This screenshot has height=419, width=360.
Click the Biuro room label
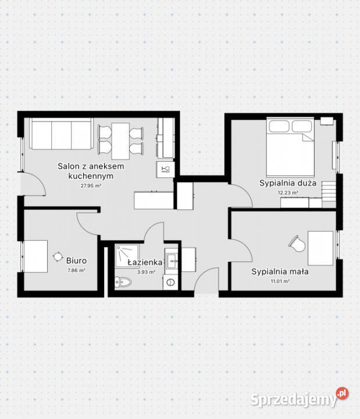(x=76, y=261)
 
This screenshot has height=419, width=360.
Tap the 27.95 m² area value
(x=91, y=186)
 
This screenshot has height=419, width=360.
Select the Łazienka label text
(x=145, y=262)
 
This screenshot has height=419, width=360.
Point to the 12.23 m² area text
(x=288, y=193)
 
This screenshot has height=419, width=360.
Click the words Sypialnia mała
(x=280, y=272)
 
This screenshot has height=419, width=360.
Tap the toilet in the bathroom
(x=123, y=282)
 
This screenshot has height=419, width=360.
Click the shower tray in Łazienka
(x=127, y=255)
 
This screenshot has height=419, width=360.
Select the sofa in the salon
(x=62, y=134)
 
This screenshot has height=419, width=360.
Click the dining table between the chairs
(x=120, y=141)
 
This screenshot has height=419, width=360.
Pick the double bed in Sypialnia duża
(x=290, y=147)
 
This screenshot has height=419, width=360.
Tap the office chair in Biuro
(x=58, y=257)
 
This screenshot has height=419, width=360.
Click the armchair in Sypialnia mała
(x=297, y=244)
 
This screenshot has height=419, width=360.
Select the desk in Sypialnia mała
(x=320, y=248)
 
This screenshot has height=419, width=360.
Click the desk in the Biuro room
(x=36, y=257)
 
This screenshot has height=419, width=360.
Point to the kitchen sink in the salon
(x=165, y=169)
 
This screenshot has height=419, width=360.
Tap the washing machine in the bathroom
(x=170, y=282)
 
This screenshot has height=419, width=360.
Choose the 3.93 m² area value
(x=146, y=272)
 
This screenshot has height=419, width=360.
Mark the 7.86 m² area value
(x=76, y=270)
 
